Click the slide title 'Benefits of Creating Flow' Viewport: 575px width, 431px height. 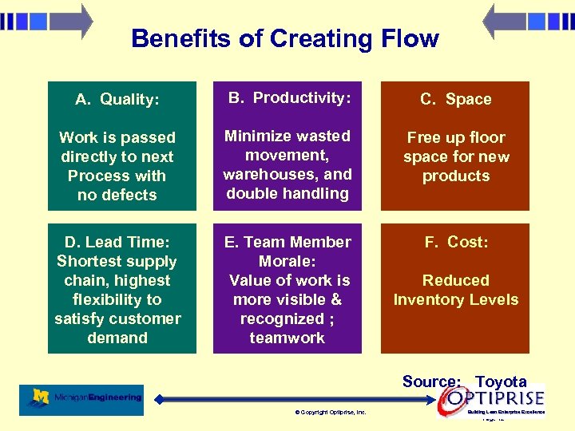[284, 38]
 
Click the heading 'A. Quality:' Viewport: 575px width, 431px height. [117, 100]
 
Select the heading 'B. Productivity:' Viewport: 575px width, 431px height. [289, 97]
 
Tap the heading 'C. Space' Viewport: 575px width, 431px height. [456, 100]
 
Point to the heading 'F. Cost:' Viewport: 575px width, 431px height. [456, 242]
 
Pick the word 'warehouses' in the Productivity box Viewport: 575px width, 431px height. [272, 174]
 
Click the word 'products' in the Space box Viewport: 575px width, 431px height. [456, 176]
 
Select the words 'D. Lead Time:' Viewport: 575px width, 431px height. [117, 242]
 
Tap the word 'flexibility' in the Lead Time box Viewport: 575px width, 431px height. [117, 299]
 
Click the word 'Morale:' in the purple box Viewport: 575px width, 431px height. [287, 261]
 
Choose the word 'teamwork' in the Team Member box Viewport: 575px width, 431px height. [287, 338]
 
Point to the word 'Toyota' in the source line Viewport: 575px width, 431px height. [501, 382]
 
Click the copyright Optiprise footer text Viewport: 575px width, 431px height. [330, 413]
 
